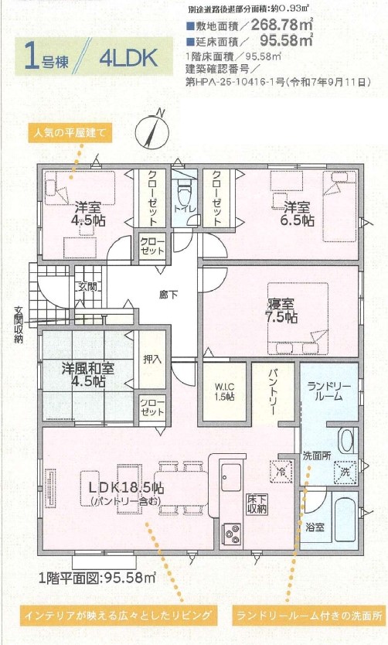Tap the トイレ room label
pos(183,208)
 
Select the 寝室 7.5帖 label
pos(280,309)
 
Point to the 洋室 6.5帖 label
pos(298,213)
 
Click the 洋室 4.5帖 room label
pos(90,213)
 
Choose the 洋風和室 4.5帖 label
pos(88,375)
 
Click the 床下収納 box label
pos(257,503)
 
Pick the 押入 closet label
pos(151,359)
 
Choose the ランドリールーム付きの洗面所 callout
pos(309,616)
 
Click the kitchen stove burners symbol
pos(232,531)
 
